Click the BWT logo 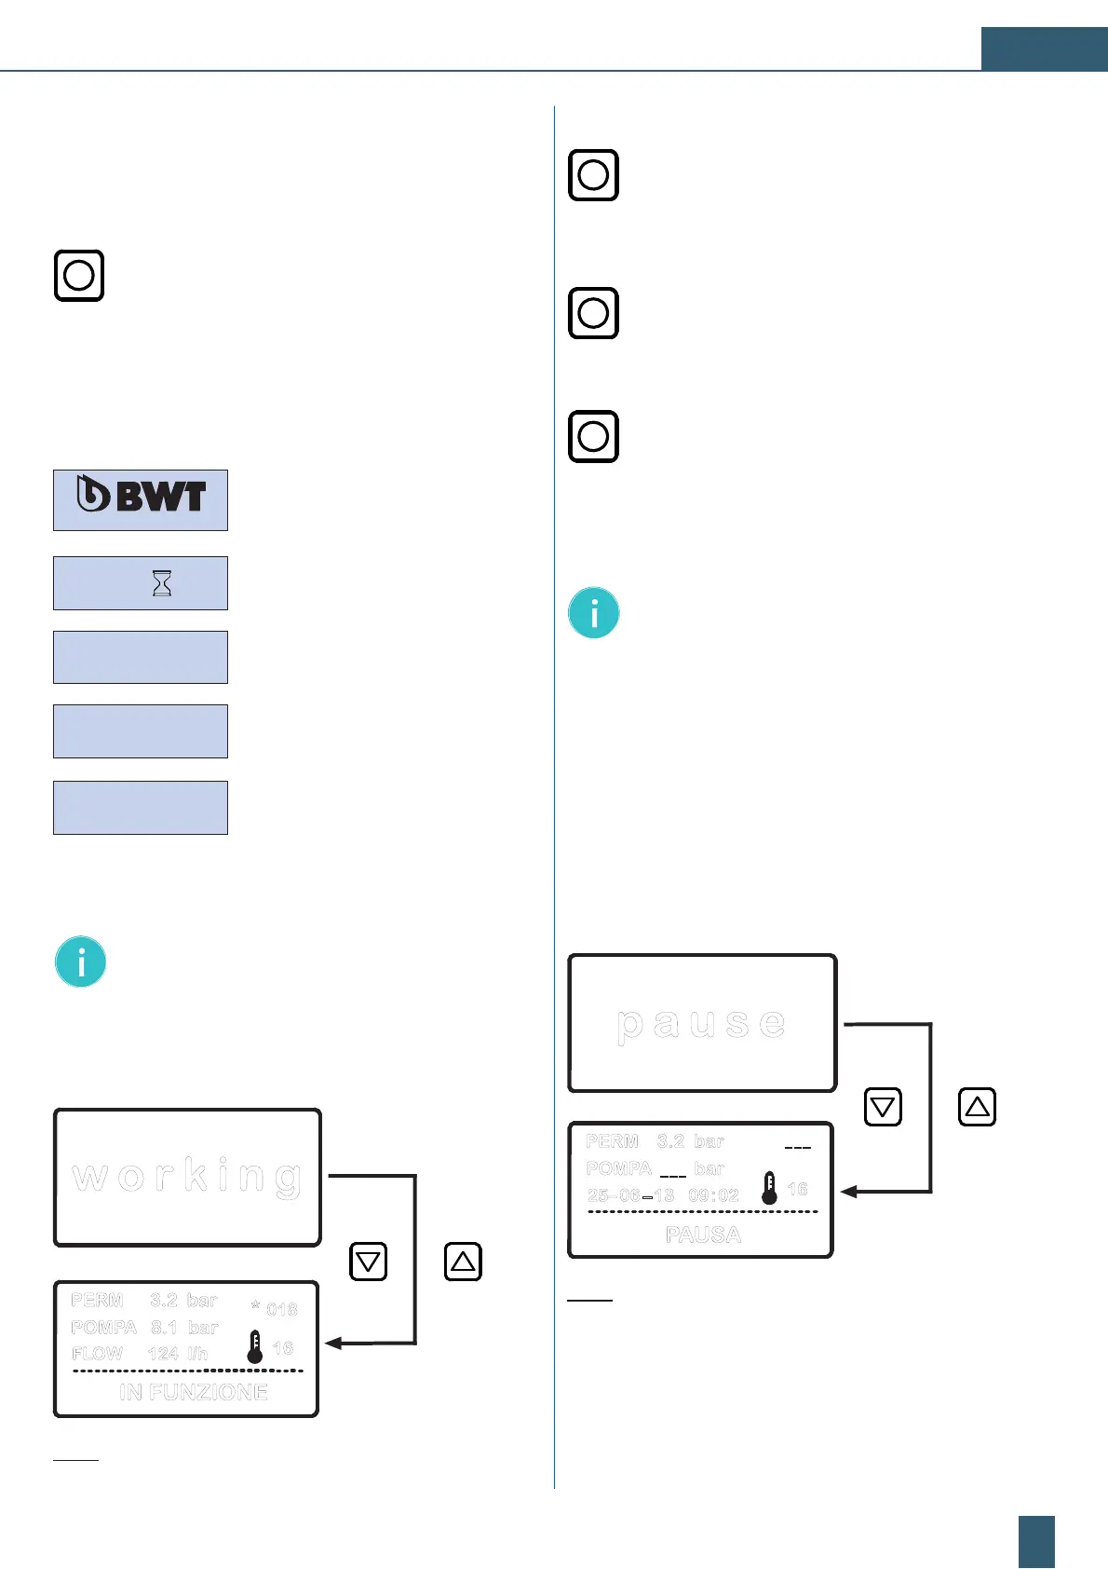(142, 495)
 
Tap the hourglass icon (162, 583)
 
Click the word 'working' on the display (187, 1177)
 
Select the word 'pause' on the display (701, 1023)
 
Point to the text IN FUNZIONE (194, 1392)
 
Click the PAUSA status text (703, 1235)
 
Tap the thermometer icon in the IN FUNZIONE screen (255, 1347)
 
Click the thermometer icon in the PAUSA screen (769, 1188)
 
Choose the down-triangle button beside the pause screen (883, 1107)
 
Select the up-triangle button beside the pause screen (977, 1107)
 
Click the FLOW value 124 (163, 1353)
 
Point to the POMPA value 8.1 (164, 1327)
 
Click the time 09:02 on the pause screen (713, 1195)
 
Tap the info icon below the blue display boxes (81, 962)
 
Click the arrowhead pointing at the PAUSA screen (848, 1191)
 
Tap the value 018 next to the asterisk (281, 1309)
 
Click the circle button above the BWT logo (79, 276)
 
